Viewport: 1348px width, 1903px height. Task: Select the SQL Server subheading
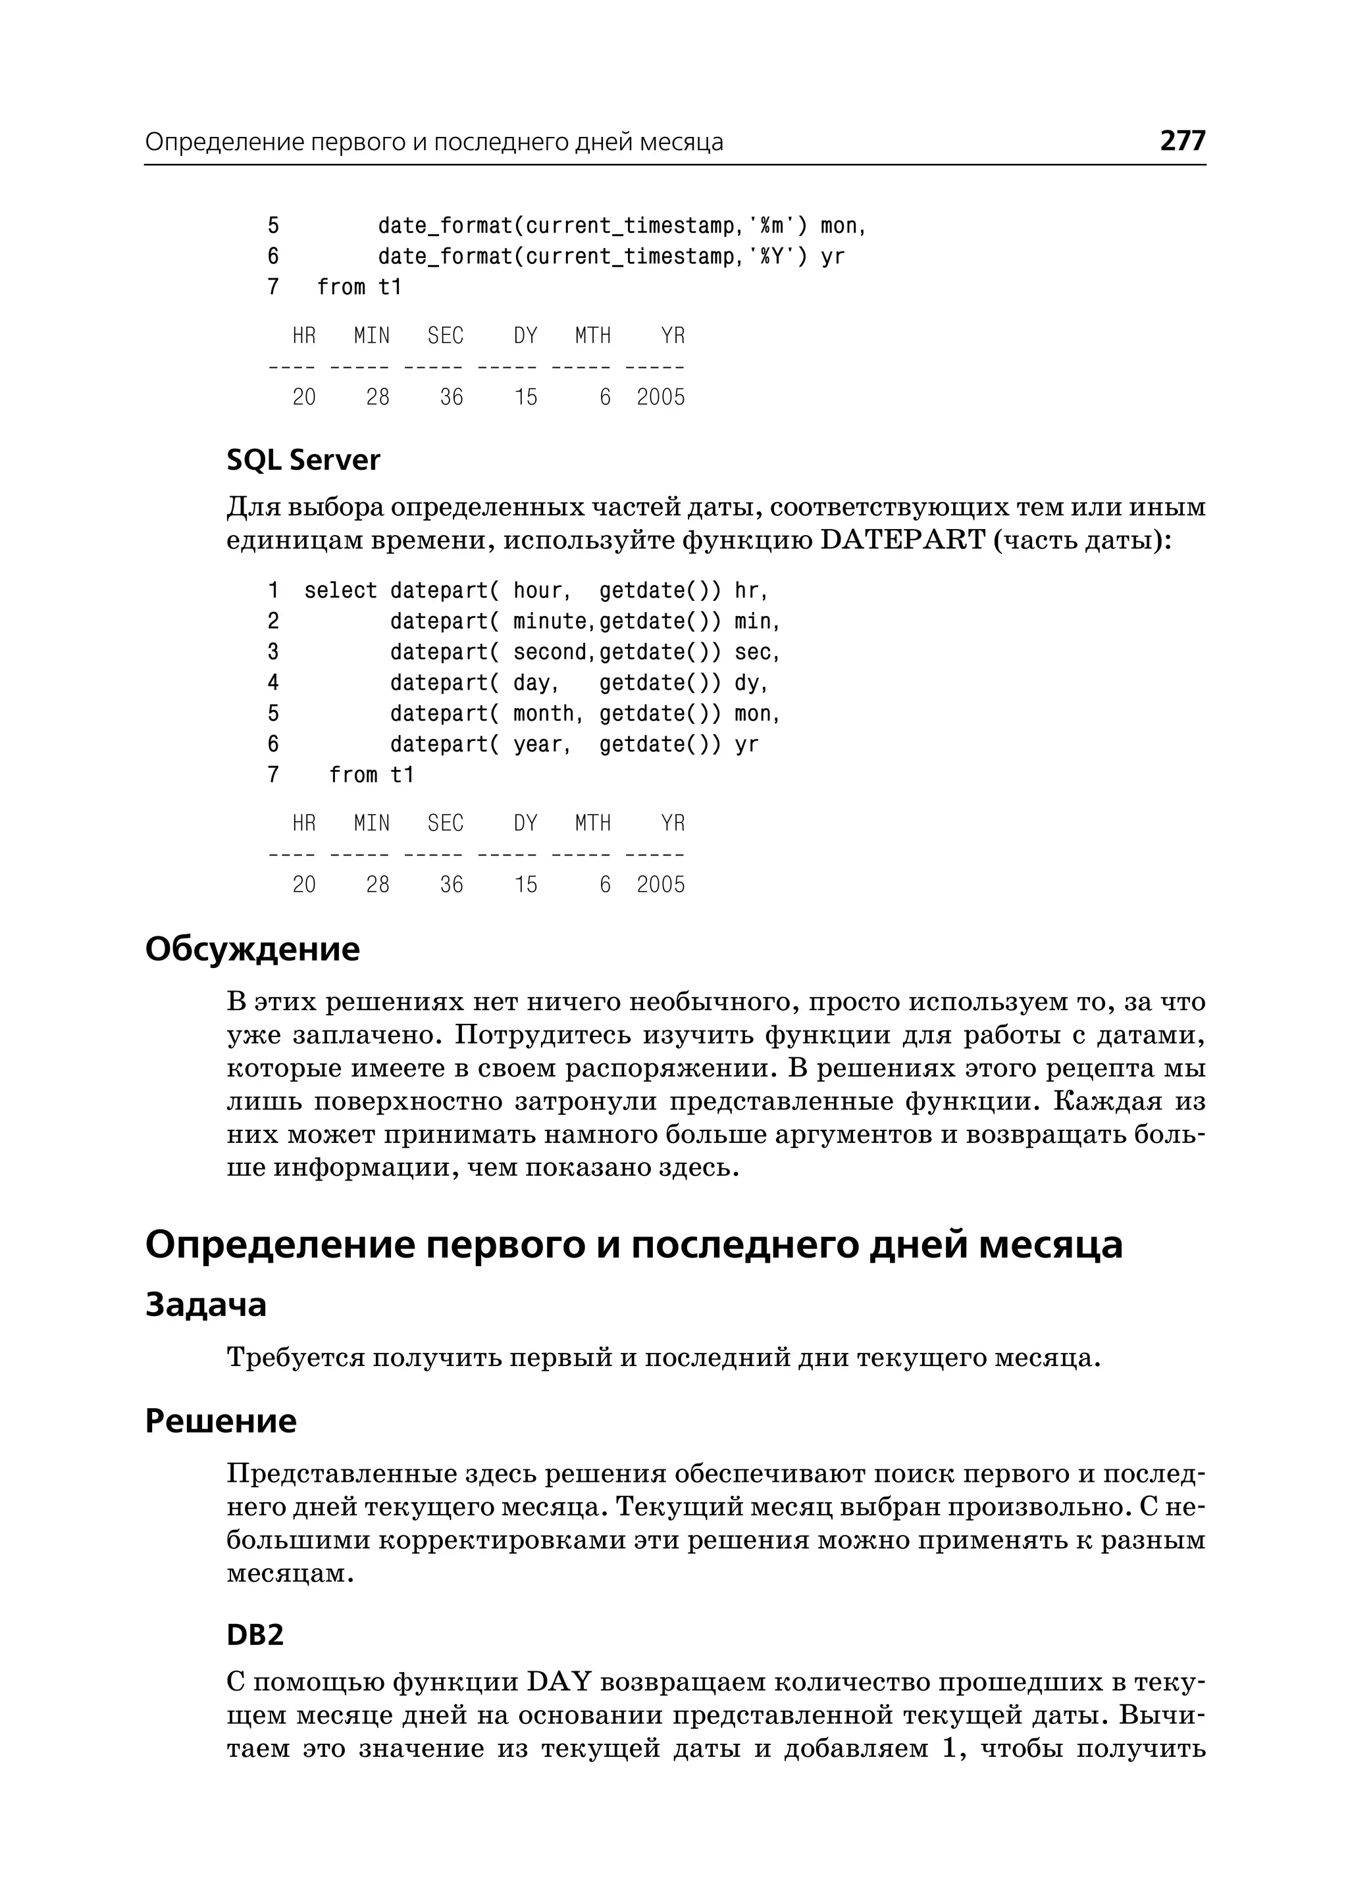[x=303, y=461]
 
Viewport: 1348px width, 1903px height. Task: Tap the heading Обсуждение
[x=252, y=949]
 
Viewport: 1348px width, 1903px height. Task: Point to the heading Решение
[x=220, y=1421]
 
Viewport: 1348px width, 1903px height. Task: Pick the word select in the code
[x=340, y=591]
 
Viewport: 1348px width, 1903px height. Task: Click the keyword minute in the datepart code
[x=549, y=622]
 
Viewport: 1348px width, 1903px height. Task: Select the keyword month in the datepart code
[x=543, y=714]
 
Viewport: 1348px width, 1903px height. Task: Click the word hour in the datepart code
[x=537, y=591]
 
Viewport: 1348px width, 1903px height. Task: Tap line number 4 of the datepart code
[x=273, y=683]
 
